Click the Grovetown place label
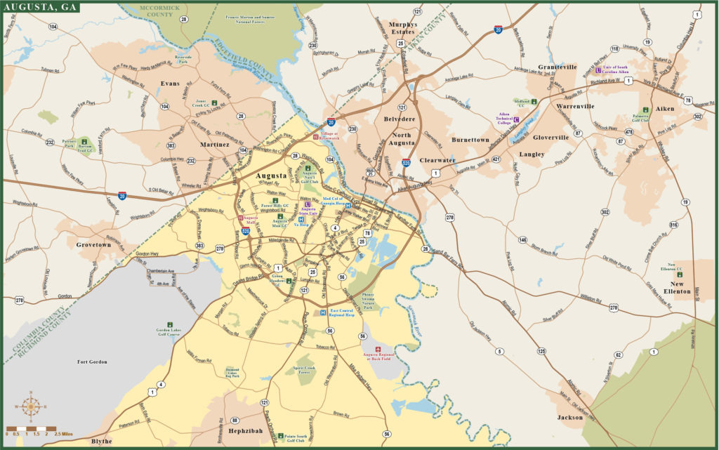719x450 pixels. pos(94,245)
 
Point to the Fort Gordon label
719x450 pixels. pos(92,362)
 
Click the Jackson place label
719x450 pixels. pos(569,418)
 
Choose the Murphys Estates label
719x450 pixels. pos(402,28)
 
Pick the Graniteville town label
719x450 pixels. pos(557,67)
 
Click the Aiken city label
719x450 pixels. pos(664,109)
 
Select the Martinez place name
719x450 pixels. pos(214,145)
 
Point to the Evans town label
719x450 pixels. pos(170,84)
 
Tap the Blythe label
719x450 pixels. pos(101,442)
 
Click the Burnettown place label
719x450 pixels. pos(470,140)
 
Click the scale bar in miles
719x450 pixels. pos(31,428)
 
